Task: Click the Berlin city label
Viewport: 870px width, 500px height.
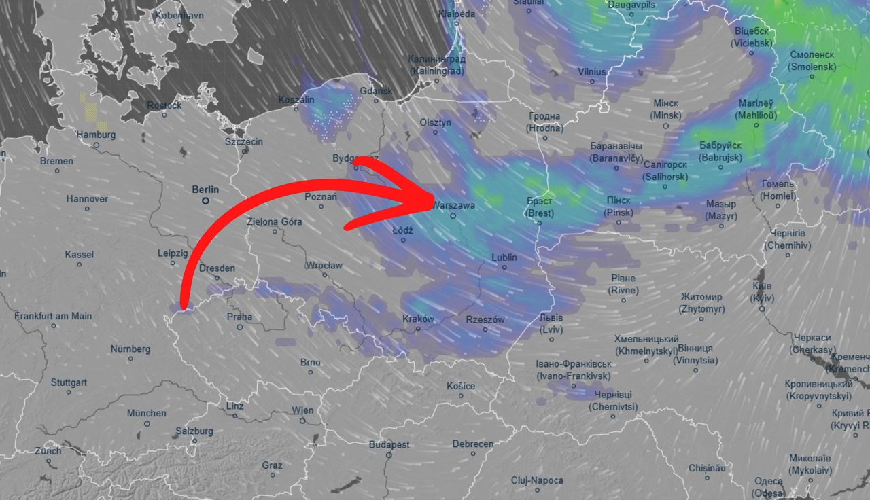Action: (205, 190)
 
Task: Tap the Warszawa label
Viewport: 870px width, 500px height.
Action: (453, 204)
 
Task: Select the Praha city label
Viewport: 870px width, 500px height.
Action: (239, 317)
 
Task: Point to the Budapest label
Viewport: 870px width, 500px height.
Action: (389, 444)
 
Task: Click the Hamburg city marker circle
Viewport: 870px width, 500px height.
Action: (97, 145)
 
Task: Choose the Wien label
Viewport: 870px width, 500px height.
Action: (302, 410)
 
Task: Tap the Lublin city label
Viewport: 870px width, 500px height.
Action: (504, 257)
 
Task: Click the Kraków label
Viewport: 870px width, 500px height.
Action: (418, 319)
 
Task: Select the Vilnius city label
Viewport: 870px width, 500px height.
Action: (591, 71)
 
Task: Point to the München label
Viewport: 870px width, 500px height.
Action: (146, 413)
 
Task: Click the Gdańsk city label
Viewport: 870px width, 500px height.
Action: (377, 91)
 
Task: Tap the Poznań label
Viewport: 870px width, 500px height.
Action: (321, 197)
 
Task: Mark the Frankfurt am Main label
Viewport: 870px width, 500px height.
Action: (53, 316)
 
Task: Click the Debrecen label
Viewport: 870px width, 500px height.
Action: (473, 444)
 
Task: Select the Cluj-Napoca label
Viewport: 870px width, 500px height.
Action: (537, 480)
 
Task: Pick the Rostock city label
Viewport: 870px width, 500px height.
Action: (164, 105)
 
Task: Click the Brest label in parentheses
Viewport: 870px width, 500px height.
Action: (540, 213)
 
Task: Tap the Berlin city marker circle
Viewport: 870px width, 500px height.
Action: (205, 202)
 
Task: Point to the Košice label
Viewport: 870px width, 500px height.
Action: (461, 386)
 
